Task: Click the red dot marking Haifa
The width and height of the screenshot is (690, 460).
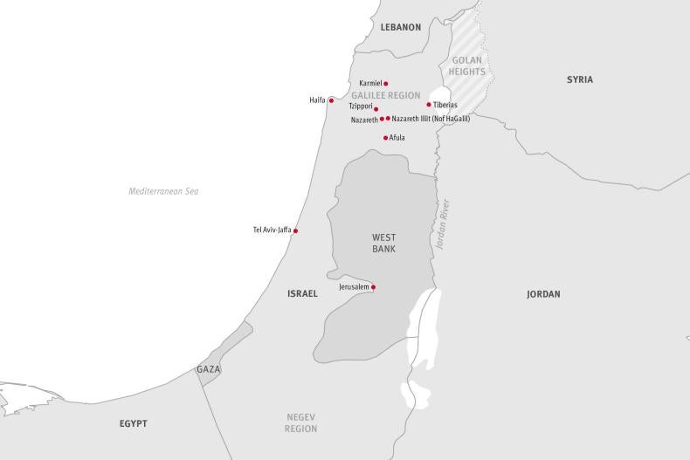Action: (331, 100)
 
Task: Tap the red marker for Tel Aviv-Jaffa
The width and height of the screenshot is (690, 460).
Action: (295, 230)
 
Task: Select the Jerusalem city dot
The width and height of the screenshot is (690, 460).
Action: (373, 287)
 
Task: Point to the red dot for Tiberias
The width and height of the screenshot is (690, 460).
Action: (429, 105)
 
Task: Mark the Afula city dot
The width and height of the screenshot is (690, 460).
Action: (385, 137)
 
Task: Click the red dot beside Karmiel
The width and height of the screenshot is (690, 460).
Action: (385, 84)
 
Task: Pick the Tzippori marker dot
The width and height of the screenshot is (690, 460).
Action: (376, 109)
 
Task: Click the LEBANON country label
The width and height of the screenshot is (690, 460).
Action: (400, 27)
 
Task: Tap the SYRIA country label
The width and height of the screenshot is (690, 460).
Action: (579, 79)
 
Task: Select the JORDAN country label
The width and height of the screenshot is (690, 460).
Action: (543, 294)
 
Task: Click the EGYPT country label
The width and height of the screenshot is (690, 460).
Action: (133, 423)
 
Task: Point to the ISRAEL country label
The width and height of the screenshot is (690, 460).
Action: (302, 294)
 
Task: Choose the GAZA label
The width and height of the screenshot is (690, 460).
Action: (209, 369)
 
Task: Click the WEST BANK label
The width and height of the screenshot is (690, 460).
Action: (383, 243)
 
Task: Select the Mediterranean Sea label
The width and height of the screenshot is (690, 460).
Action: (163, 191)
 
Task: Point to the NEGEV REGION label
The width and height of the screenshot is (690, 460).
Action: (301, 423)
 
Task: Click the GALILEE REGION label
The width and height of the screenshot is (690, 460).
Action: (386, 95)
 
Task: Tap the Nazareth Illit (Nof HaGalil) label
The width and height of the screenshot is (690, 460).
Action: (431, 119)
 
